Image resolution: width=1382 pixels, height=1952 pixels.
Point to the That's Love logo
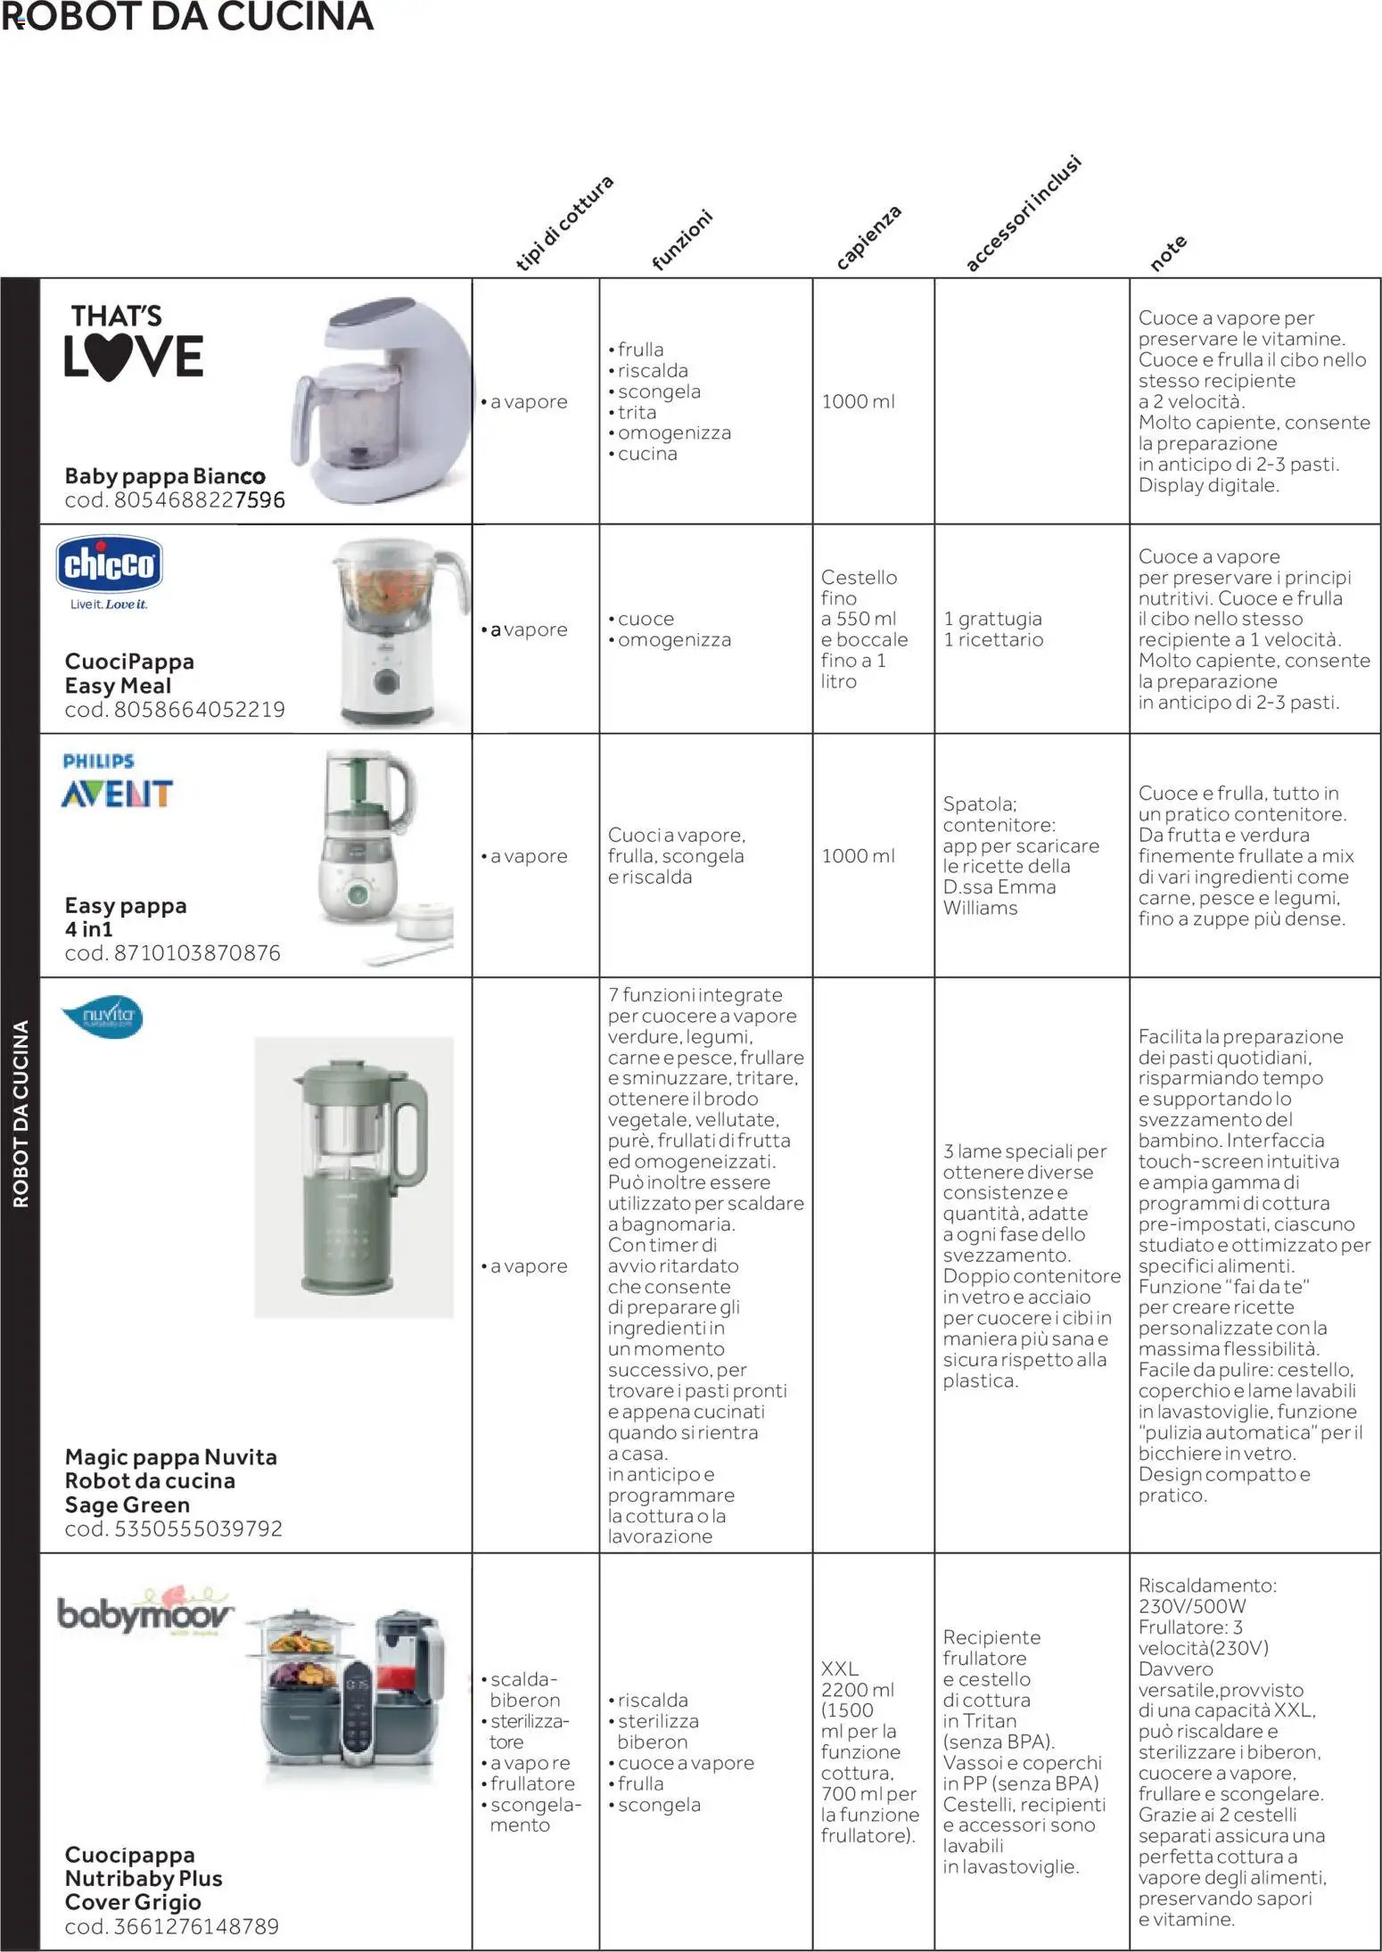[x=133, y=342]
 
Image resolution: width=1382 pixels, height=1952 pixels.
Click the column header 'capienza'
[x=868, y=237]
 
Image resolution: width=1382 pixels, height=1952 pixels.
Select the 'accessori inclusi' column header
[x=1023, y=214]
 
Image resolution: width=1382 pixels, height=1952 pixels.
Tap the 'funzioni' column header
[x=682, y=240]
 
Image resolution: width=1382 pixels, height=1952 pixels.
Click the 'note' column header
[x=1167, y=253]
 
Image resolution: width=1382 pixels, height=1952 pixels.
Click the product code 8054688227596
[x=175, y=500]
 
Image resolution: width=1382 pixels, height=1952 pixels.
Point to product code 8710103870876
[x=172, y=952]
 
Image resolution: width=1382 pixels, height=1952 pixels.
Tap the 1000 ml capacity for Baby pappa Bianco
[x=858, y=401]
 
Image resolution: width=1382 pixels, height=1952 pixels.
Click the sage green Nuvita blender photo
[x=354, y=1176]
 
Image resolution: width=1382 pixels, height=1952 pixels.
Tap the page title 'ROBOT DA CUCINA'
[x=187, y=17]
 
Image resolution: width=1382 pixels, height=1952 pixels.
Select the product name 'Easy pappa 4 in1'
[x=125, y=917]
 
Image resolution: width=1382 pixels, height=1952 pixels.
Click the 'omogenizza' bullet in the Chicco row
[x=673, y=639]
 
